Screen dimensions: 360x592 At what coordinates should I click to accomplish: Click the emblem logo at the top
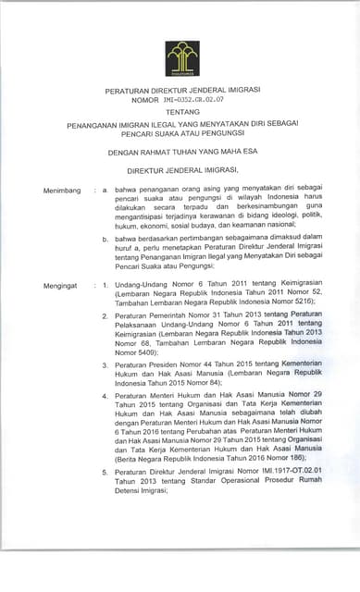181,58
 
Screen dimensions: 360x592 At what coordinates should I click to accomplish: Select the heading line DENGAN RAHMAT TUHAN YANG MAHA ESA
181,154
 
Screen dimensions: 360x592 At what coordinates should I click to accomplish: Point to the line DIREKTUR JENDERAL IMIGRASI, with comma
181,170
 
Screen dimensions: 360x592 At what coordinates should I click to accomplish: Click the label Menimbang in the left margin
61,191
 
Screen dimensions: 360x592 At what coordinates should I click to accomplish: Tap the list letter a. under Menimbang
106,191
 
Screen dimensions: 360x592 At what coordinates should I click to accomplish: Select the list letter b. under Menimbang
106,240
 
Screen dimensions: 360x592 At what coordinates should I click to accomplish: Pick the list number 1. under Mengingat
106,286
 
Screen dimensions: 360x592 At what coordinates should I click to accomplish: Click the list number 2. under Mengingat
106,317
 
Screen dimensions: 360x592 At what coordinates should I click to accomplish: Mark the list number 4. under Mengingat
106,396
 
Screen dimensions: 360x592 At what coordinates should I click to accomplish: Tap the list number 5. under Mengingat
106,472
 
